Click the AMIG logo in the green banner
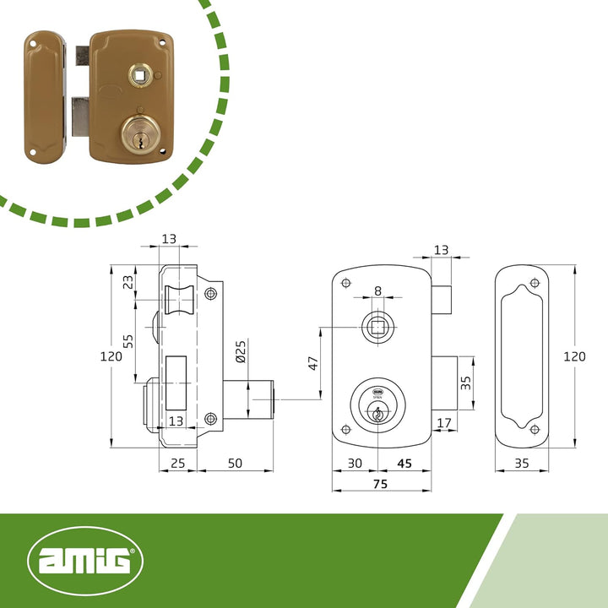pos(85,561)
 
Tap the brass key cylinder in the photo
pos(140,133)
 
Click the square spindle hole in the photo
pos(140,75)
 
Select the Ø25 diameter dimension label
pos(241,351)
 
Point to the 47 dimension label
pos(313,363)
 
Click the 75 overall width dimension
pos(380,484)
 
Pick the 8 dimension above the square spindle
pos(378,290)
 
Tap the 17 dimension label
pos(444,423)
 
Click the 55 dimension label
pos(128,341)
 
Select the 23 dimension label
pos(128,282)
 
